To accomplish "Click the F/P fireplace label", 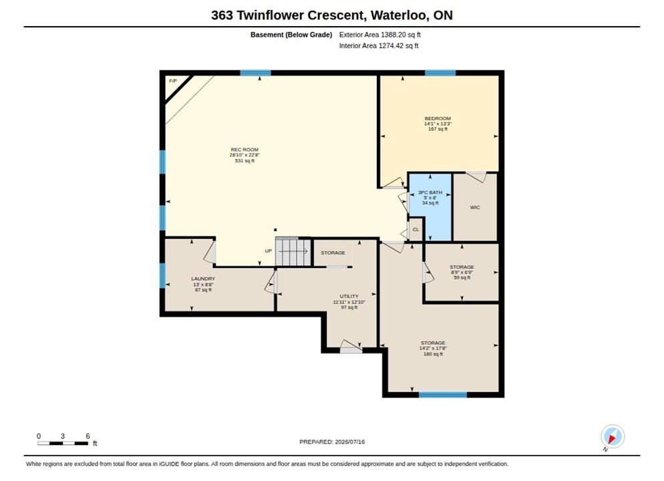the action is pyautogui.click(x=173, y=81).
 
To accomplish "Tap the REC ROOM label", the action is pyautogui.click(x=244, y=150).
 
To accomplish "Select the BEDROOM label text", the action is pyautogui.click(x=438, y=118).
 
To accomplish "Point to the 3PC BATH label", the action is pyautogui.click(x=430, y=192).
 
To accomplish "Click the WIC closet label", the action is pyautogui.click(x=475, y=208).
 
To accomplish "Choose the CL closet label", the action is pyautogui.click(x=416, y=230).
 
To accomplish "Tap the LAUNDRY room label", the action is pyautogui.click(x=203, y=279).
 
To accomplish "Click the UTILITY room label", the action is pyautogui.click(x=349, y=297).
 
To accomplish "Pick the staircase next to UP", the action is pyautogui.click(x=293, y=253).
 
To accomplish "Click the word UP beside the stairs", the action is pyautogui.click(x=269, y=251).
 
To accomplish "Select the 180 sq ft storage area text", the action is pyautogui.click(x=434, y=354).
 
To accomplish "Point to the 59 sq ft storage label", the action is pyautogui.click(x=462, y=278).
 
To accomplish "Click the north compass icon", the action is pyautogui.click(x=613, y=436).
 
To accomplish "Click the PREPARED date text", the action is pyautogui.click(x=332, y=442).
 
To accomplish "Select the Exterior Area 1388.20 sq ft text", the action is pyautogui.click(x=380, y=35).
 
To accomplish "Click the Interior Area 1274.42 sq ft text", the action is pyautogui.click(x=379, y=45).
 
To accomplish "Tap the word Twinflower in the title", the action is pyautogui.click(x=270, y=15).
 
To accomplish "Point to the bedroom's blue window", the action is pyautogui.click(x=440, y=73).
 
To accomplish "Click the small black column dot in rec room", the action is pyautogui.click(x=275, y=230).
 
